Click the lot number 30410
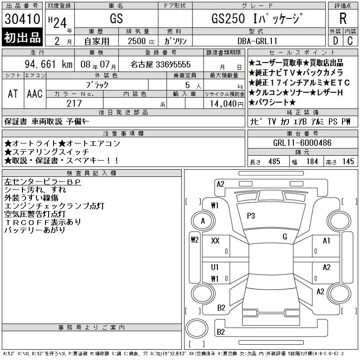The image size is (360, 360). coord(22,19)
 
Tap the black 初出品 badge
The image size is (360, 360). coord(22,37)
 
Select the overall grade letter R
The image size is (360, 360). coord(343,18)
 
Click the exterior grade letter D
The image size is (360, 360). coord(335,41)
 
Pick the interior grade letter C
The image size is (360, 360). coord(350,41)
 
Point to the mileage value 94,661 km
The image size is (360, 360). coord(49,64)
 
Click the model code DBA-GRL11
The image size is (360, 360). coord(257,41)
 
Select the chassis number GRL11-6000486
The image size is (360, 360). coord(302,143)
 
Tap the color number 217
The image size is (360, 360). coord(74,103)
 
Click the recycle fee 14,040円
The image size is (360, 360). coord(227,104)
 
